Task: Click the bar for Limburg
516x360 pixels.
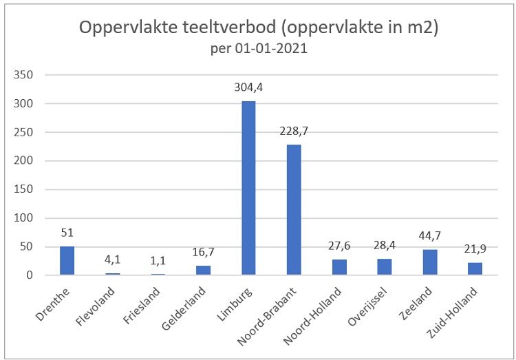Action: click(x=248, y=188)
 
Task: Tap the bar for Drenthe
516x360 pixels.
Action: click(x=67, y=260)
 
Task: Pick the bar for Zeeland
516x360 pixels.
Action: click(x=430, y=262)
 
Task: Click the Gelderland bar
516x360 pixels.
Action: click(x=203, y=270)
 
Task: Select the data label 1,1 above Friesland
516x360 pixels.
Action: click(x=158, y=262)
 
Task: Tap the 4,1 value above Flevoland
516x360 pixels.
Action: click(x=112, y=260)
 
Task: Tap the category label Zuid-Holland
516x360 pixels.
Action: click(x=460, y=307)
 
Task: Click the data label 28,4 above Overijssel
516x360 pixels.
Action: click(x=385, y=246)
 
